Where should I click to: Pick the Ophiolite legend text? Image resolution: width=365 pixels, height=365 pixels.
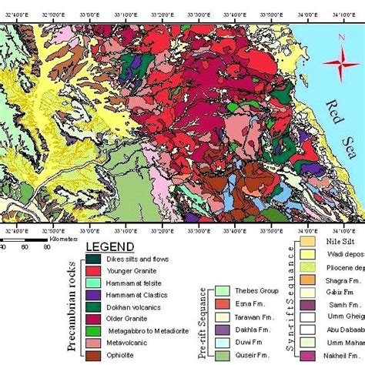pos(126,356)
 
